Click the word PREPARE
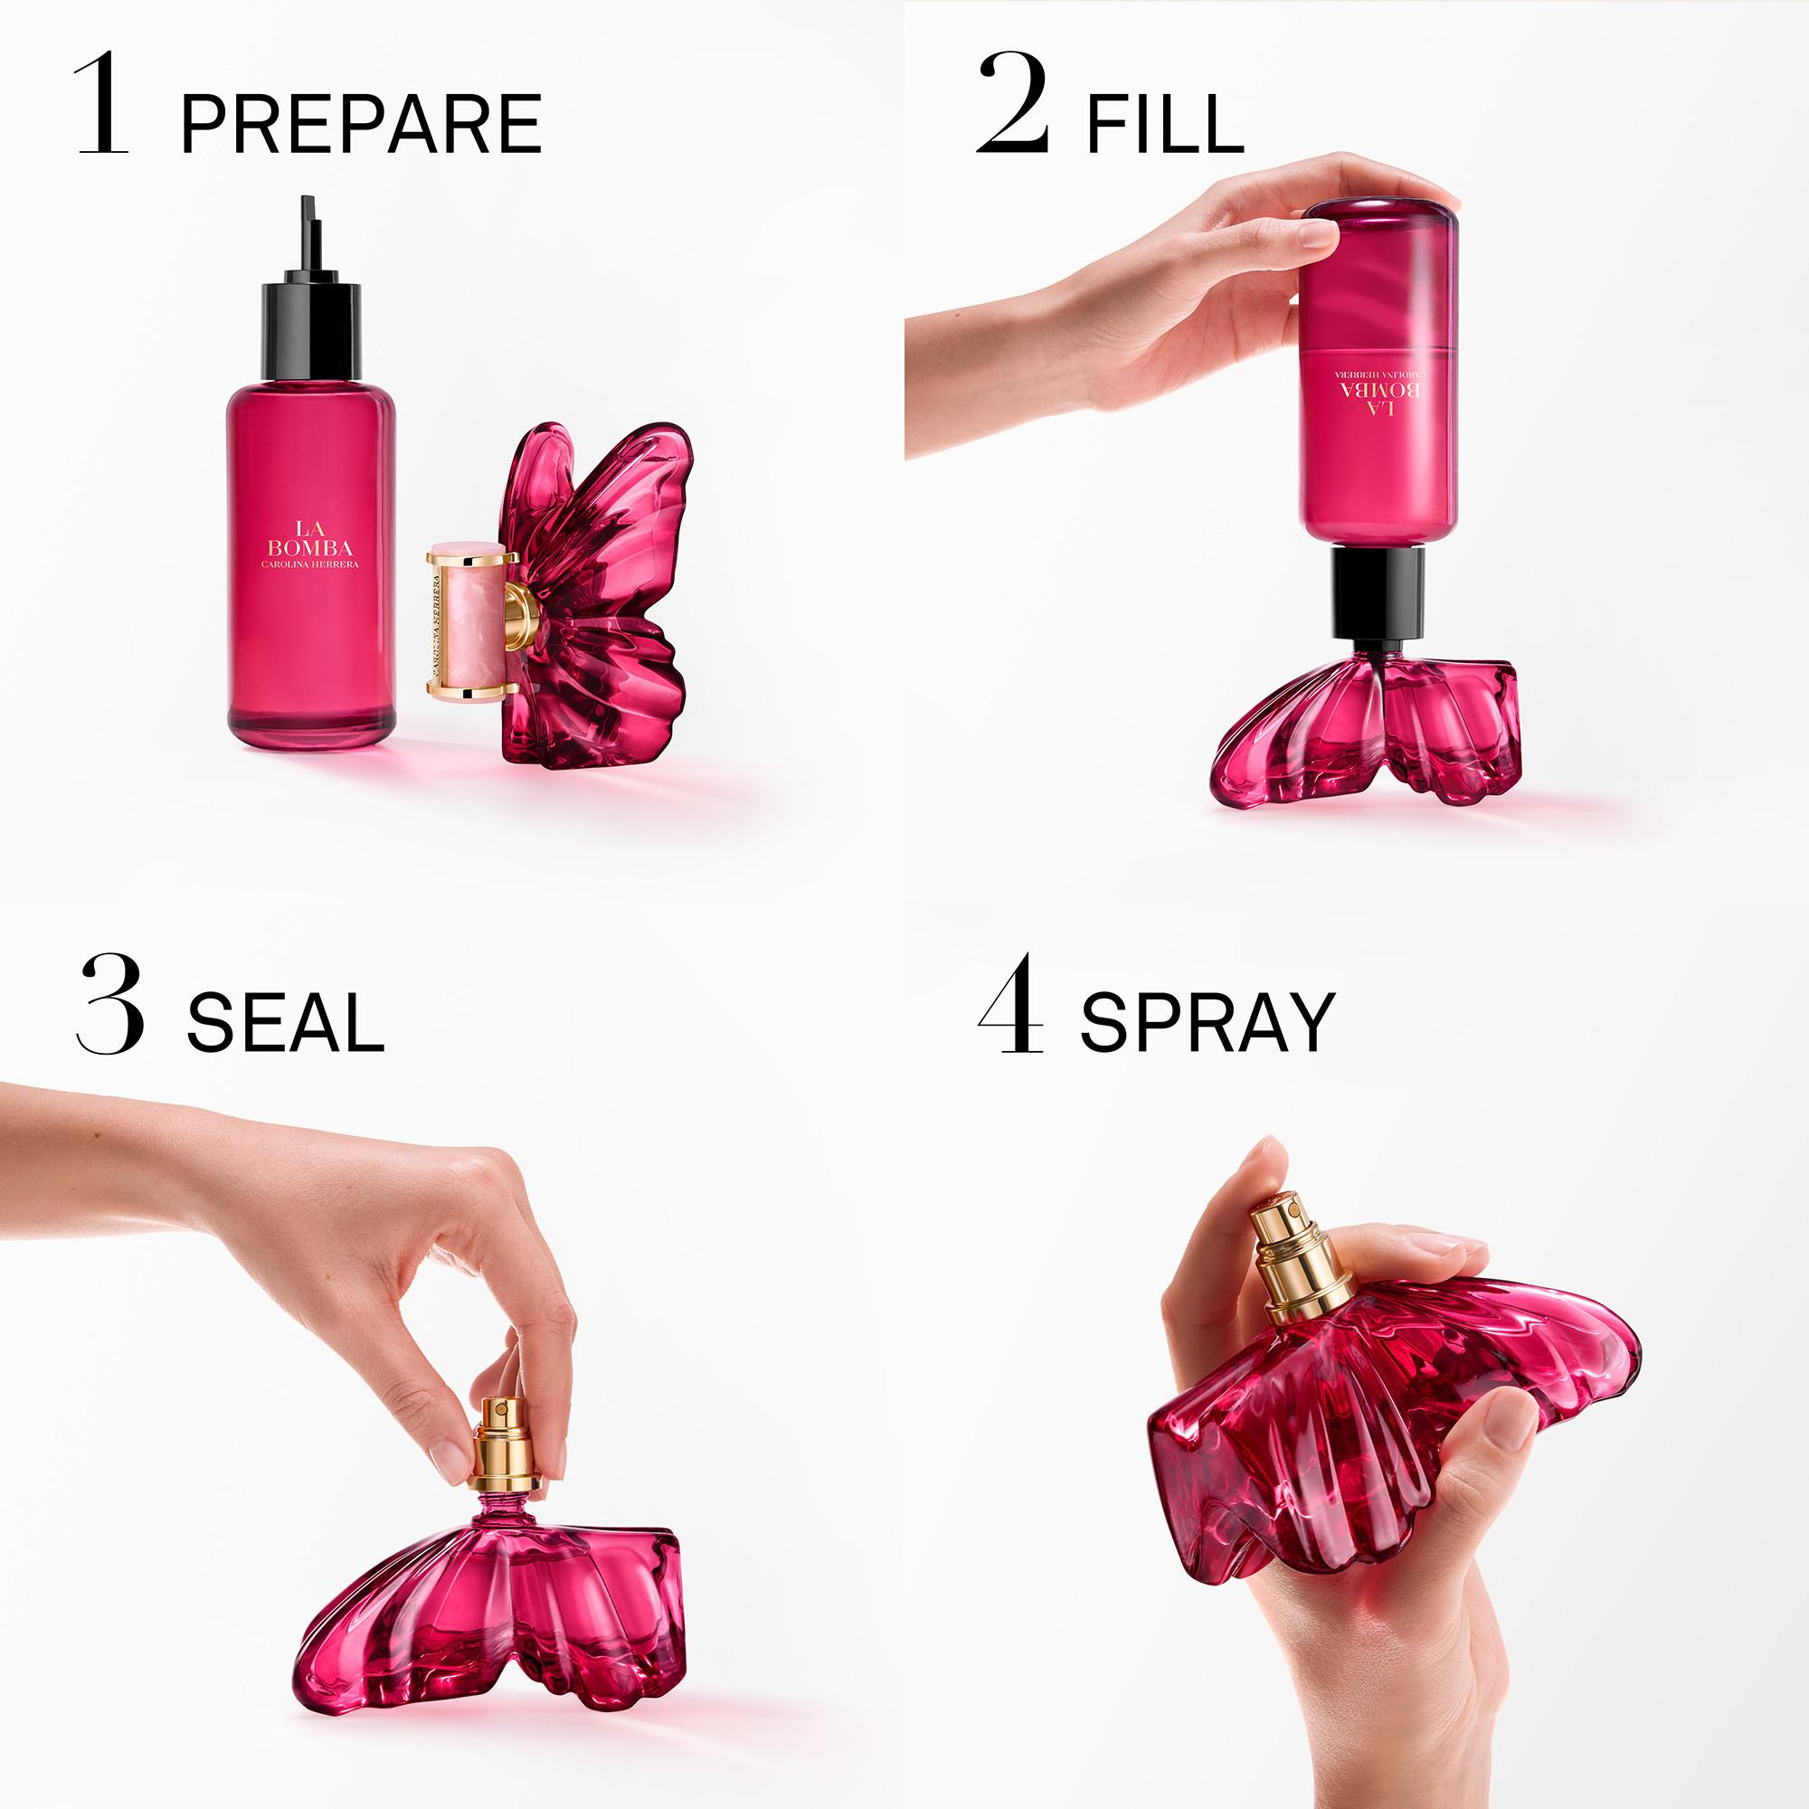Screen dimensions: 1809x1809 [x=361, y=124]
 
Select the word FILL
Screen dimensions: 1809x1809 [x=1165, y=124]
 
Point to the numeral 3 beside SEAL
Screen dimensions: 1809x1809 [x=110, y=1005]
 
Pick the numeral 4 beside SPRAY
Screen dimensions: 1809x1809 [x=1010, y=1005]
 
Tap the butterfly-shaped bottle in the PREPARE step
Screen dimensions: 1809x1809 [x=600, y=600]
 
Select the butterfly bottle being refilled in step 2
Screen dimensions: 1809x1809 [x=1367, y=730]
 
